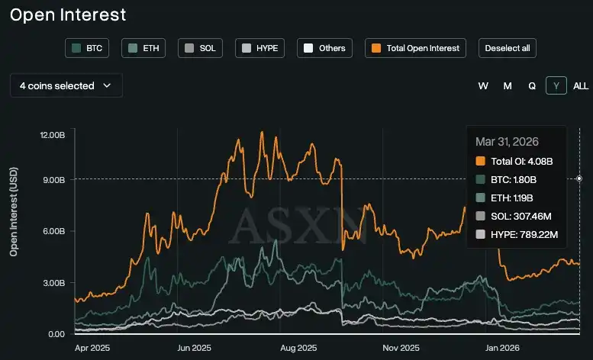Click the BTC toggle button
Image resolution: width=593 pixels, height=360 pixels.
[88, 48]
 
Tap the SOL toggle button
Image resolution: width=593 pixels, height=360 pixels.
[201, 48]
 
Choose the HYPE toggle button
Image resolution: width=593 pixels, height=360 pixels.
[259, 48]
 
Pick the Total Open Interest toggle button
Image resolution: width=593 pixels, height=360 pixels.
[416, 48]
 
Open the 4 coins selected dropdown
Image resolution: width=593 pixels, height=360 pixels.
[66, 86]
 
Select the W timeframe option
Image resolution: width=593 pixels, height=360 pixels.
[483, 86]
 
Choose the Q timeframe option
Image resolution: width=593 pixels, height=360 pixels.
[532, 86]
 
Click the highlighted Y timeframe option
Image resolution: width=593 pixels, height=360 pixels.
[556, 86]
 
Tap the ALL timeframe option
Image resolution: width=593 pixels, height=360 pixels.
[581, 86]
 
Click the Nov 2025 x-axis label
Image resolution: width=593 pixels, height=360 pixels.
[401, 348]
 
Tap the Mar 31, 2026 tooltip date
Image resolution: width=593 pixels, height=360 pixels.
[507, 142]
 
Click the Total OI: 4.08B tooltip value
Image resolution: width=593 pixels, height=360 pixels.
[521, 161]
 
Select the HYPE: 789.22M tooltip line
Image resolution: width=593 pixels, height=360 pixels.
[524, 233]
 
